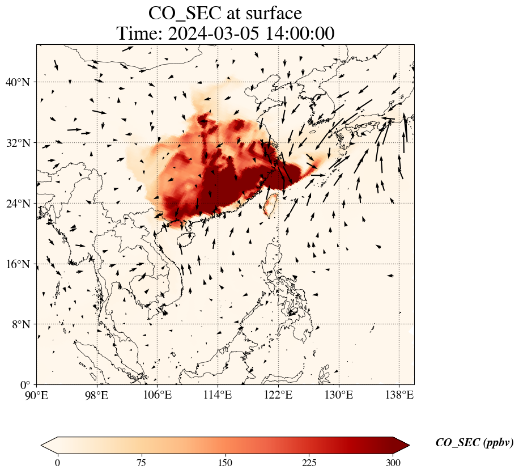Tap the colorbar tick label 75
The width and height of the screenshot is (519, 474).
coord(141,463)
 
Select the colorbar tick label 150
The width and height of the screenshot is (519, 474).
coord(226,463)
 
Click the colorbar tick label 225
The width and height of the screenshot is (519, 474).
coord(309,463)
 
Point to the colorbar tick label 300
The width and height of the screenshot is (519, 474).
coord(393,463)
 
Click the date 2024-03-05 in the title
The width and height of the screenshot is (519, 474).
coord(212,33)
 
